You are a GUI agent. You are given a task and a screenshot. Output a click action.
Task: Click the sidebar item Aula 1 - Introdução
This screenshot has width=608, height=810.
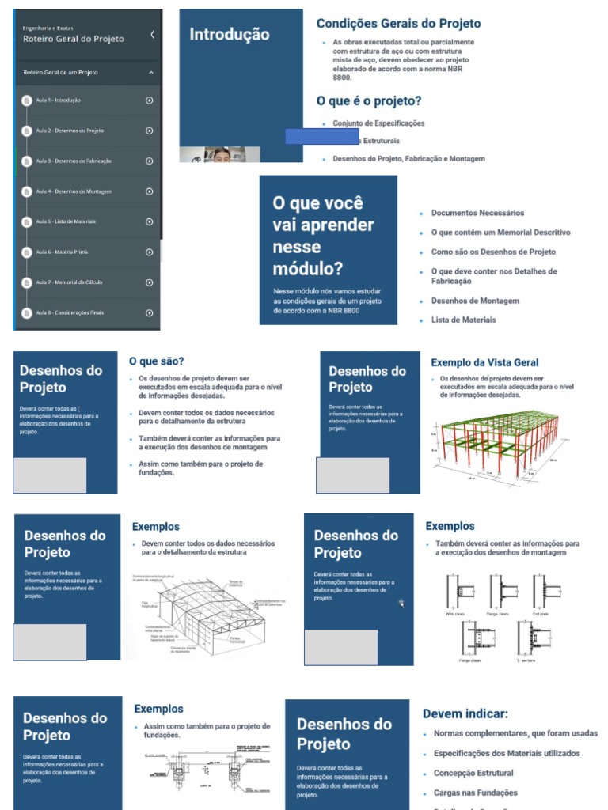coord(58,100)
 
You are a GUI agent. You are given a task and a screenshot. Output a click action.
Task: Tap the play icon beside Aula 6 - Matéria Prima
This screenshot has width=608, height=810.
coord(150,252)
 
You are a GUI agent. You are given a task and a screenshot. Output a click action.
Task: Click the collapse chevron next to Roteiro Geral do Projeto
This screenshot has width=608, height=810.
coord(152,35)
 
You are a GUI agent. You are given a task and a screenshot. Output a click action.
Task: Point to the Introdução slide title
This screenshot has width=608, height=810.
coord(229,35)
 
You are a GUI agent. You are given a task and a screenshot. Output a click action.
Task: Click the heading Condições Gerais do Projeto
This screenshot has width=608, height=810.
coord(398,24)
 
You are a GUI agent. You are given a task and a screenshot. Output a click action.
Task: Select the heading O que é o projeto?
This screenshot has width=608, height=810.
coord(368,101)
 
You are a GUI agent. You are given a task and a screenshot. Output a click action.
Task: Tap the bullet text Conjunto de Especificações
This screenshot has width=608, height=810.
coord(378,123)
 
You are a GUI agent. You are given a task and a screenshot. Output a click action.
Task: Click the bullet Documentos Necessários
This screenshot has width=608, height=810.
coord(477,213)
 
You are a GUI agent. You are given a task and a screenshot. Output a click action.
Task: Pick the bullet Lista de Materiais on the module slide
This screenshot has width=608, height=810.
coord(463,320)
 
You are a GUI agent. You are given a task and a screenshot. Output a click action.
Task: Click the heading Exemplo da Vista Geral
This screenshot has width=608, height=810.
coord(484,363)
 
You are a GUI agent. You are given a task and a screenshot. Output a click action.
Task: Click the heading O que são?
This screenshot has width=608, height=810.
coord(157,361)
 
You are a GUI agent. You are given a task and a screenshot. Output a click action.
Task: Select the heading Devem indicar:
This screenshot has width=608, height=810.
coord(465,713)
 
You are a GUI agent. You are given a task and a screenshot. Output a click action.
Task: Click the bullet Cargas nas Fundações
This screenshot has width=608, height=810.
coord(475,793)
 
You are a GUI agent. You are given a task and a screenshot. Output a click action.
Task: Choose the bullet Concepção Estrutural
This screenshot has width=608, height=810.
coord(473,773)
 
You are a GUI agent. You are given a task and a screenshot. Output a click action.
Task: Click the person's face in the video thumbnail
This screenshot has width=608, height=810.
coord(222,154)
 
